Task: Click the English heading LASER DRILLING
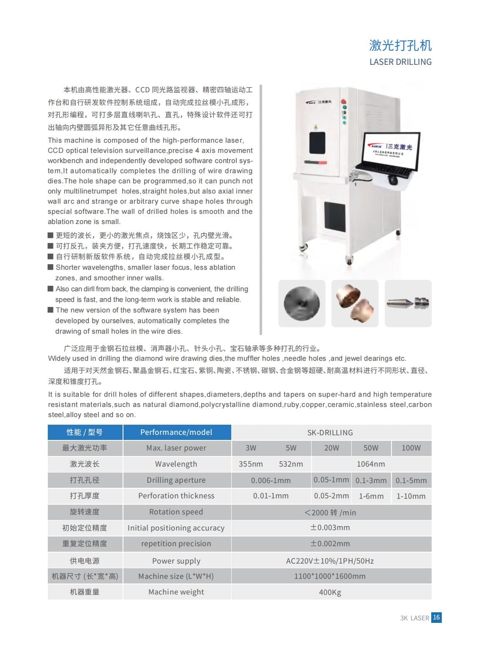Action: (x=400, y=62)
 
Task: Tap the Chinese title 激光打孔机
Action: (x=400, y=45)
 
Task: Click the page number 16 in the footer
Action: (x=436, y=617)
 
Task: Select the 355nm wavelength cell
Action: (x=251, y=464)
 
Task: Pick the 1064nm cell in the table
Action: (x=371, y=464)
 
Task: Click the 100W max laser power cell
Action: (x=411, y=448)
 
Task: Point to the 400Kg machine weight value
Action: (x=330, y=592)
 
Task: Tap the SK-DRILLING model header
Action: (x=330, y=432)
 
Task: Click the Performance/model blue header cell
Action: (x=177, y=432)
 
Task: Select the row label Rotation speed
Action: (x=176, y=512)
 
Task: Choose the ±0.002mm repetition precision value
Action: (x=330, y=543)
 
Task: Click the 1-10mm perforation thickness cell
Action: (x=411, y=496)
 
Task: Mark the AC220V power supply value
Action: (x=330, y=561)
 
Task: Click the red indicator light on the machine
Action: (x=344, y=102)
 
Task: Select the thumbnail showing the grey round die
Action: (x=301, y=303)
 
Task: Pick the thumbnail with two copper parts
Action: (x=355, y=303)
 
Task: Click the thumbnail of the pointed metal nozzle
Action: (x=408, y=303)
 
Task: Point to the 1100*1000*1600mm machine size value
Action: (x=330, y=576)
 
